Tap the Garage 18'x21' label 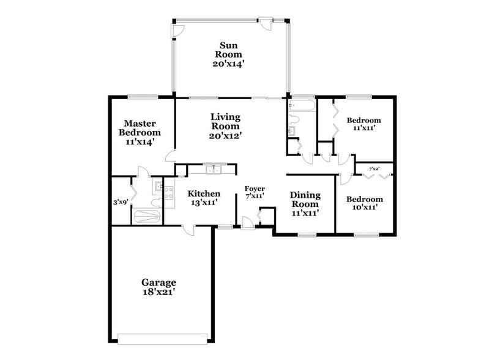158,287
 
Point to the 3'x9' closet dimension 121,201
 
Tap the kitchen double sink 213,170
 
